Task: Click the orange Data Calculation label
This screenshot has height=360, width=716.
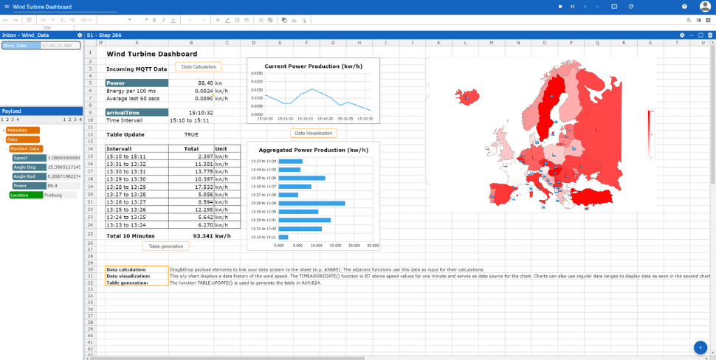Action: [198, 67]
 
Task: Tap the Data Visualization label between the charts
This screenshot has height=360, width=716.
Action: [313, 134]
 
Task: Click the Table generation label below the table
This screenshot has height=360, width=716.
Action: [165, 246]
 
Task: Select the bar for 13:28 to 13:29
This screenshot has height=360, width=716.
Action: [311, 203]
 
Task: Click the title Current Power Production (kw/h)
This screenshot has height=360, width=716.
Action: [313, 66]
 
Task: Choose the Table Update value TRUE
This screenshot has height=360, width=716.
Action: [191, 135]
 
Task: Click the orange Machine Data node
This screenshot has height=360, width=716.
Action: [25, 149]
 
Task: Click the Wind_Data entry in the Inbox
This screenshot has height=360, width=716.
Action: [20, 46]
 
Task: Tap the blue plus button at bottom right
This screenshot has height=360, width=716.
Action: [700, 347]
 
